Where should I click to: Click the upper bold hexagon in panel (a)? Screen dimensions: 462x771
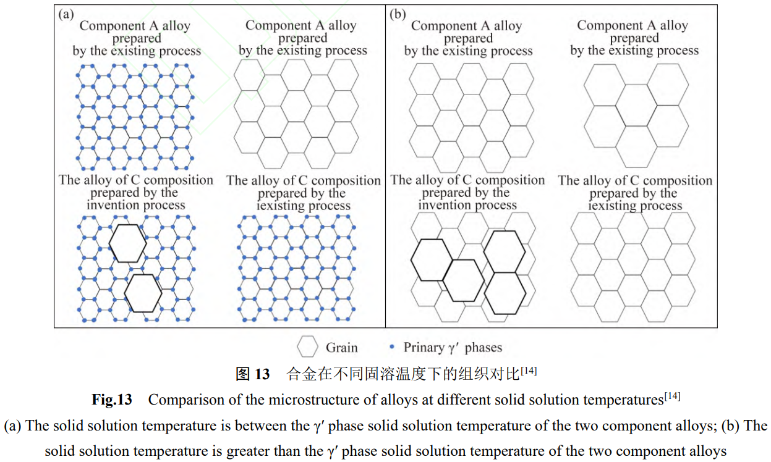pos(128,243)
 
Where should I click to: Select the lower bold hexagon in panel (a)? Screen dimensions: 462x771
pos(143,293)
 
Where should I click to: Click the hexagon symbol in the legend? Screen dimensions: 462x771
pos(308,347)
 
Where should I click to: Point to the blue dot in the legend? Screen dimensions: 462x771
pos(391,347)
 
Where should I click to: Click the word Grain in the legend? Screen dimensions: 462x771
pos(342,348)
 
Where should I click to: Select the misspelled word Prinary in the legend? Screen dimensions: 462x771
pos(426,348)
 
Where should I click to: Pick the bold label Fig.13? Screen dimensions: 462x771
pos(112,400)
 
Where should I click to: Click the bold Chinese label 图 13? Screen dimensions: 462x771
pos(252,374)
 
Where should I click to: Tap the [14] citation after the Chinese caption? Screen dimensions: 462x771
pos(529,371)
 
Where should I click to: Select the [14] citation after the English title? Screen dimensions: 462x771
pos(672,396)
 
